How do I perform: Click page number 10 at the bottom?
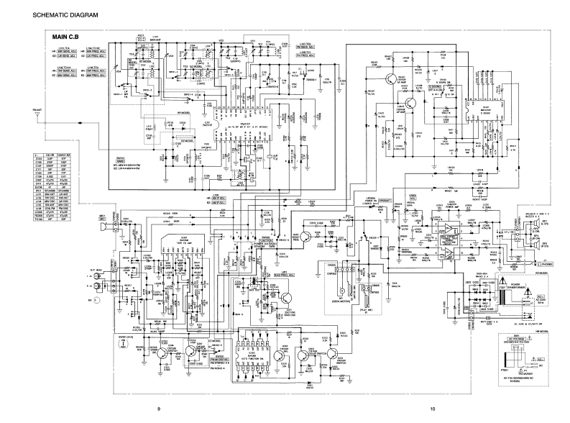[x=432, y=409]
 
